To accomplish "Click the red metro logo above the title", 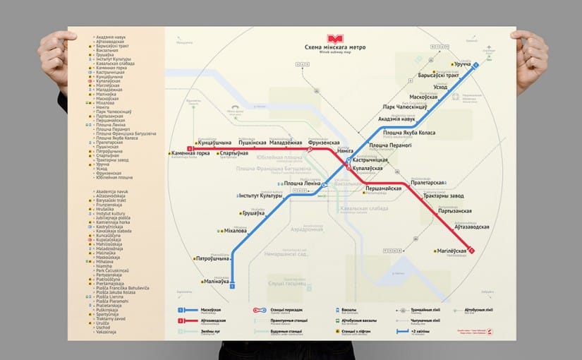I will pos(332,39).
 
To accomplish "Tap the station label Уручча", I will pos(462,64).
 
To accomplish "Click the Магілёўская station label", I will pos(452,251).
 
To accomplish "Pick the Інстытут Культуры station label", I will pos(260,196).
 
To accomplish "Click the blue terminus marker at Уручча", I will pos(475,65).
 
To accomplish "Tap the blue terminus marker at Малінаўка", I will pos(232,285).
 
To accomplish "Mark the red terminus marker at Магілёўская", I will pos(471,251).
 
